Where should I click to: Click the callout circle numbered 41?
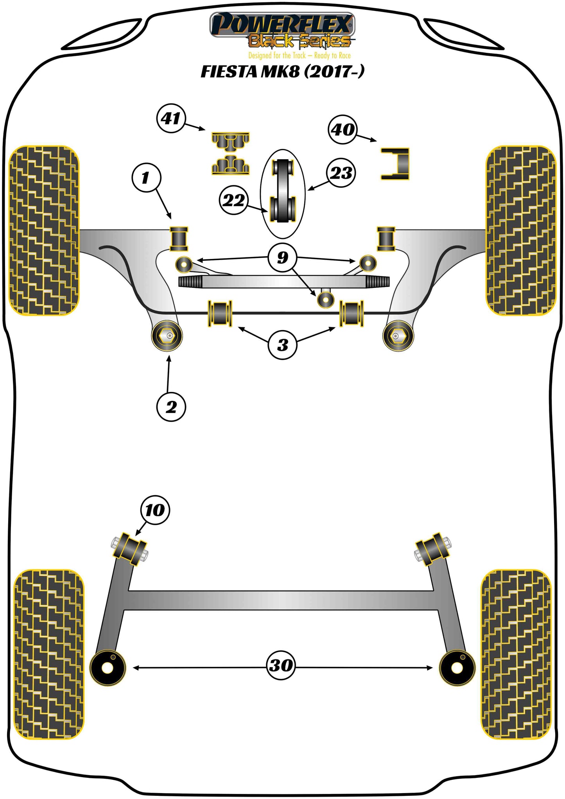tap(171, 118)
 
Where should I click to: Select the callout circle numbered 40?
tap(343, 129)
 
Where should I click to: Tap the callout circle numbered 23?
tap(341, 173)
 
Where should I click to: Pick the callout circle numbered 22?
tap(233, 200)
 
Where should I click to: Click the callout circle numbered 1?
tap(146, 178)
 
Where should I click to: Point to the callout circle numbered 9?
tap(282, 257)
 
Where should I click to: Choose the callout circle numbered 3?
tap(282, 345)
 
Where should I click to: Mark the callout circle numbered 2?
tap(171, 407)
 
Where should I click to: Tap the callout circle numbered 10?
tap(155, 510)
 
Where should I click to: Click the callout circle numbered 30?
tap(281, 665)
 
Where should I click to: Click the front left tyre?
tap(44, 231)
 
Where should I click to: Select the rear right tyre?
tap(516, 654)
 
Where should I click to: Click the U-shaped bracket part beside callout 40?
tap(395, 164)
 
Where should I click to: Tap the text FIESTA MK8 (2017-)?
tap(282, 72)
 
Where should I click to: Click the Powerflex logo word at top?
tap(282, 25)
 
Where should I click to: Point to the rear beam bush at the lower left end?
tap(108, 667)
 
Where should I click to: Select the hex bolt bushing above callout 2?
tap(167, 336)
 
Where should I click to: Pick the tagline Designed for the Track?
tap(300, 56)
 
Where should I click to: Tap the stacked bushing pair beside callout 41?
tap(231, 153)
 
